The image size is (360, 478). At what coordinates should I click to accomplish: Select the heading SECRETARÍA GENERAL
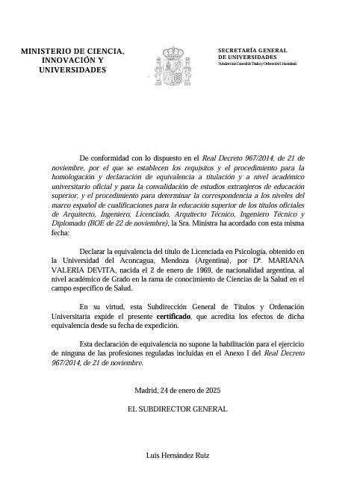tap(252, 49)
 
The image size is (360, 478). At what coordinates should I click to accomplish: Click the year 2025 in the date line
tap(211, 389)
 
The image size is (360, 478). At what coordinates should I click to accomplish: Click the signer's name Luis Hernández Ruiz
tap(180, 454)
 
